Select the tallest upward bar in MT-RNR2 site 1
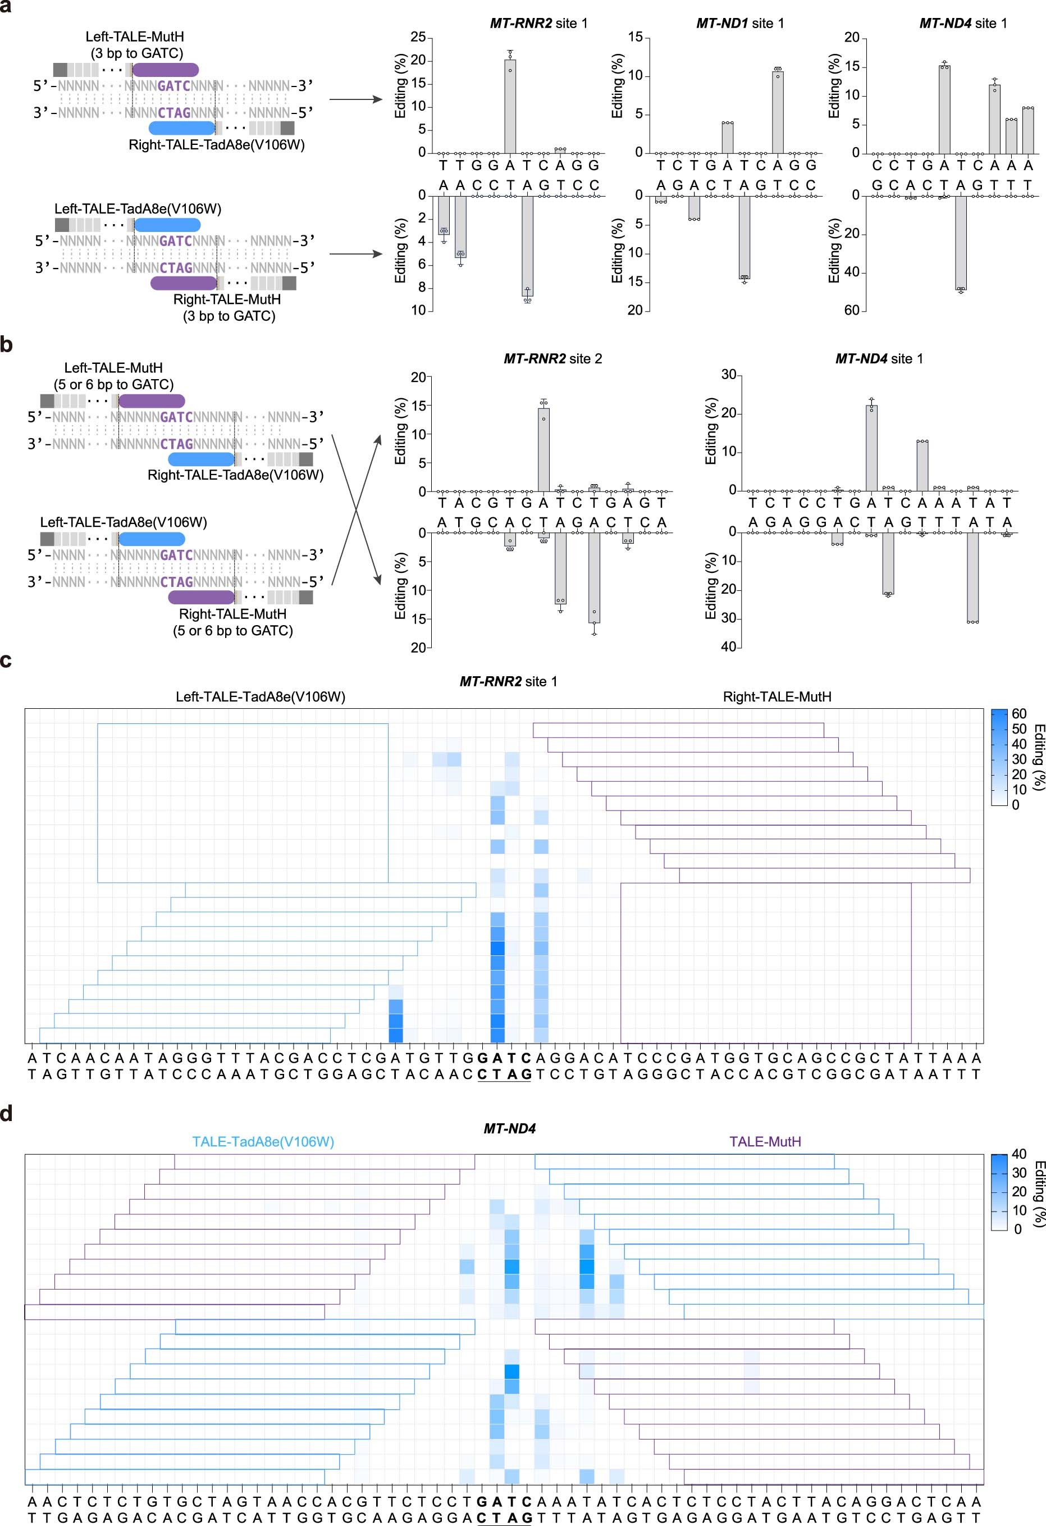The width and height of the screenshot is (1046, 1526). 510,106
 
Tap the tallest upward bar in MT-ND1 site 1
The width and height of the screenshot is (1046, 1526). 778,112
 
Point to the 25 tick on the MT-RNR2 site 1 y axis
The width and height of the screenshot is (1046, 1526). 417,38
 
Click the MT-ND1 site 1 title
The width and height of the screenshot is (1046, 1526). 739,23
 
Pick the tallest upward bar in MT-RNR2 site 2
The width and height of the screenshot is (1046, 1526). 543,450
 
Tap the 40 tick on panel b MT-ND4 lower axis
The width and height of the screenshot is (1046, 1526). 728,647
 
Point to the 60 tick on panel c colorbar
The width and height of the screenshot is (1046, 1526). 1018,714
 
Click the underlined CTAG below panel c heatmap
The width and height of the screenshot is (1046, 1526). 504,1074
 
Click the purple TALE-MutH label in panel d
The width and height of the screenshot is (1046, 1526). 765,1141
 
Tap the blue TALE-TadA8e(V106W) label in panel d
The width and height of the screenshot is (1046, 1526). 263,1141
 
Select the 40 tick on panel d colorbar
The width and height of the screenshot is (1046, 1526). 1018,1154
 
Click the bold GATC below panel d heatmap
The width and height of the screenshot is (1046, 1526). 504,1502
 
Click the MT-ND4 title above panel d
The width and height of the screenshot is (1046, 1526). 509,1128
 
